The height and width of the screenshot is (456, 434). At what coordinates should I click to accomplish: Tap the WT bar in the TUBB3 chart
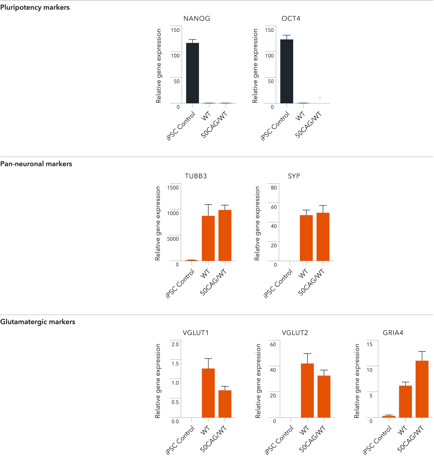click(208, 238)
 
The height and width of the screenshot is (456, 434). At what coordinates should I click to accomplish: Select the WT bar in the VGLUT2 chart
click(307, 390)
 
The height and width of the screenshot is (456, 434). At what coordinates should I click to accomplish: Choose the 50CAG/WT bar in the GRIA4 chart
click(422, 389)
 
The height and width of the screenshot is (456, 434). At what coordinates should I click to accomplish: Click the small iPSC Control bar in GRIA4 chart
click(389, 416)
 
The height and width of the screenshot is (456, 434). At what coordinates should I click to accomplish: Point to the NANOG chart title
click(197, 19)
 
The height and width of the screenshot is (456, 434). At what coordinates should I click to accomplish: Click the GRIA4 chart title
click(393, 333)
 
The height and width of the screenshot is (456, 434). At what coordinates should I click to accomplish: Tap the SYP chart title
click(294, 176)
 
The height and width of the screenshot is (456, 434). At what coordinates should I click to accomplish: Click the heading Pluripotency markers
click(35, 7)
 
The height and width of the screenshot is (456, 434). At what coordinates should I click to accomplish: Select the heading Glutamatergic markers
click(38, 322)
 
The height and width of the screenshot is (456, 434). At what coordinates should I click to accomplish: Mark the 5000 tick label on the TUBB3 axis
click(173, 239)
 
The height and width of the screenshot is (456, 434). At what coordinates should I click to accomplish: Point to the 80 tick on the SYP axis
click(274, 188)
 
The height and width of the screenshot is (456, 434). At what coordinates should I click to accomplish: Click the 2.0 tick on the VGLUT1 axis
click(175, 344)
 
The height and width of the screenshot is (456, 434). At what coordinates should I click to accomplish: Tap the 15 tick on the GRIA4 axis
click(369, 344)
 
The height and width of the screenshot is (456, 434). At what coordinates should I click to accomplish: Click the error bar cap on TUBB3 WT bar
click(208, 205)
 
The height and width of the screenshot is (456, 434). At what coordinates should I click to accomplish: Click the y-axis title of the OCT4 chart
click(255, 66)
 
